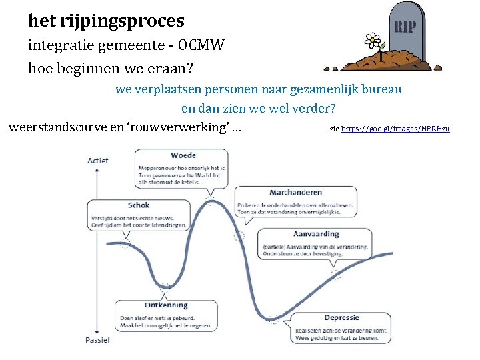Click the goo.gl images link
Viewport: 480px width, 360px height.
tap(395, 128)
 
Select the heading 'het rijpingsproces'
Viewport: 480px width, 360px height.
tap(106, 21)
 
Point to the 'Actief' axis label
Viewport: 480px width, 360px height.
tap(97, 161)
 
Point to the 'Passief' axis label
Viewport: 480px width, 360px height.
tap(98, 339)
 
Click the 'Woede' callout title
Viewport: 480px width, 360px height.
tap(183, 156)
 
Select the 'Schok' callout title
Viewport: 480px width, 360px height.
tap(139, 205)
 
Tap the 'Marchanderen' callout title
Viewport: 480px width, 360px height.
tap(295, 193)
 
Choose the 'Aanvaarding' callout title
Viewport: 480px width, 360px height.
tap(316, 234)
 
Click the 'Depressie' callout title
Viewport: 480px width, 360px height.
tap(343, 318)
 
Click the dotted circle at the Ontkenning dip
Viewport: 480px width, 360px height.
tap(165, 287)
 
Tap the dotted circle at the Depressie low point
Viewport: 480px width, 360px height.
tap(272, 319)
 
